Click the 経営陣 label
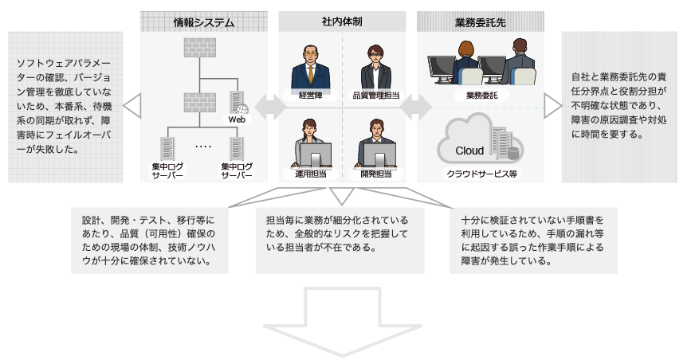[309, 95]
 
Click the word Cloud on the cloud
[469, 150]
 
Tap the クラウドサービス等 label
[481, 173]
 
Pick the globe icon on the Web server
[243, 108]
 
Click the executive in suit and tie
[309, 67]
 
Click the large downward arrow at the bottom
[344, 323]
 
